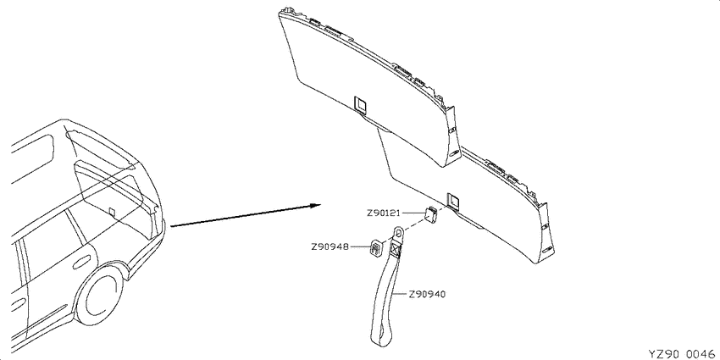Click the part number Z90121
click(x=384, y=213)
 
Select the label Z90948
click(x=330, y=247)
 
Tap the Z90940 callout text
click(x=427, y=294)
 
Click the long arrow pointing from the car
click(x=246, y=215)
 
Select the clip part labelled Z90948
click(x=374, y=250)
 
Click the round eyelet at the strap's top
click(x=400, y=232)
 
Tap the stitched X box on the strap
click(x=396, y=248)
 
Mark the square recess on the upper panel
click(x=361, y=106)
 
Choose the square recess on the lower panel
click(x=453, y=201)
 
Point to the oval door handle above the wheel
click(x=81, y=263)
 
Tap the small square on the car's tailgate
click(x=112, y=211)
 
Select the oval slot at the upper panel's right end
click(x=455, y=152)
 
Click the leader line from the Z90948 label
click(x=358, y=247)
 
